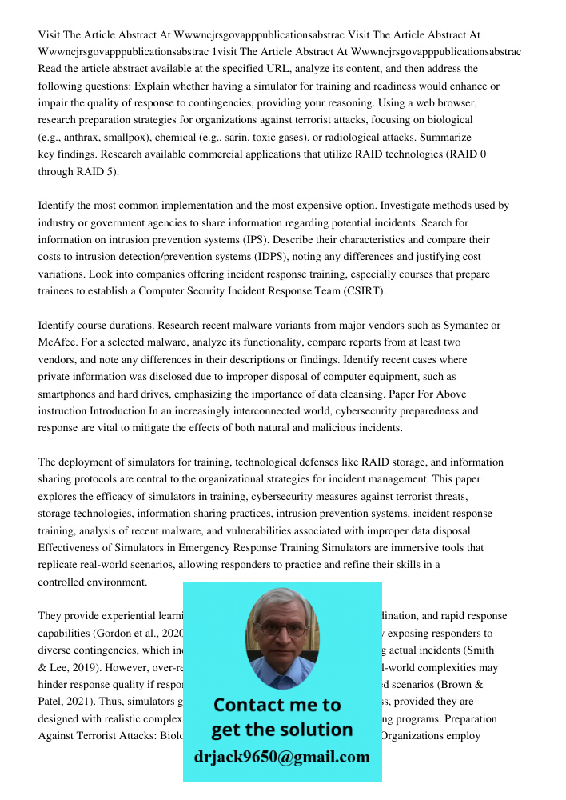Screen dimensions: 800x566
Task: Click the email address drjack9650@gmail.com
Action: [x=281, y=757]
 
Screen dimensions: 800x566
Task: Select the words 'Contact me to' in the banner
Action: [x=277, y=705]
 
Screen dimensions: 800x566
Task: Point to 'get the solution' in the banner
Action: [x=281, y=730]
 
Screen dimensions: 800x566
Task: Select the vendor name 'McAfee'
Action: [x=57, y=342]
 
